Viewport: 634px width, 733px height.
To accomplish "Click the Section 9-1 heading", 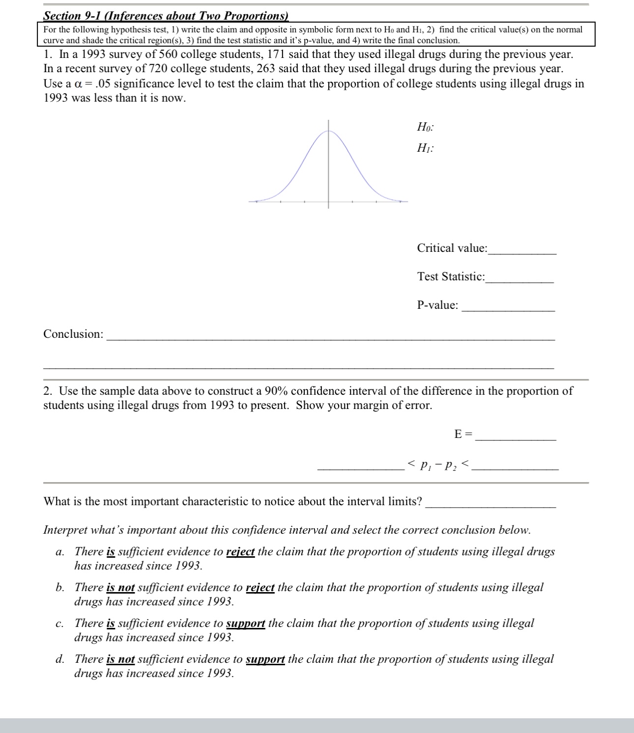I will tap(166, 16).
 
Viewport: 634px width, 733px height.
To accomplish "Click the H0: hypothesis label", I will tap(425, 127).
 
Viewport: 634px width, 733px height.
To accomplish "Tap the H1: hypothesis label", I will tap(425, 148).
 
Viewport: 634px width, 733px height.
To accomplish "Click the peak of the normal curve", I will tap(328, 131).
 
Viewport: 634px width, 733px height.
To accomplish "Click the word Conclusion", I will tap(73, 334).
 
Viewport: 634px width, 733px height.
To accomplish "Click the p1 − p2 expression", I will tap(438, 464).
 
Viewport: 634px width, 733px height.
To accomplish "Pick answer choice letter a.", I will tap(59, 552).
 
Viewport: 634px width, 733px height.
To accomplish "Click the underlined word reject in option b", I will tap(259, 588).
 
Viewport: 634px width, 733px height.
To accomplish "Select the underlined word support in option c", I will tap(245, 624).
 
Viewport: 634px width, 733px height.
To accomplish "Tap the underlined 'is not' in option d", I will tap(120, 659).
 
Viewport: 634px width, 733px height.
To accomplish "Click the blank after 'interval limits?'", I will tap(490, 504).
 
